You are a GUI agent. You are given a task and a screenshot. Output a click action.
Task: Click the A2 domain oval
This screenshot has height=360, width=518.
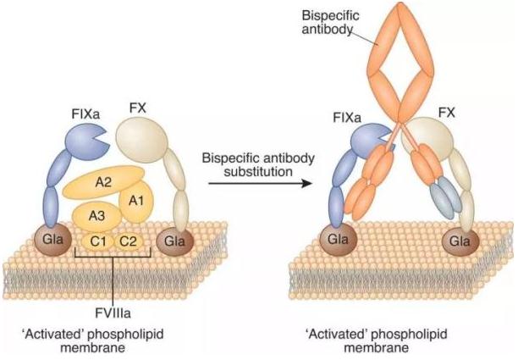coord(104,180)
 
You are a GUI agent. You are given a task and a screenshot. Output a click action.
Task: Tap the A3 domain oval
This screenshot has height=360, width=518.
coord(96,215)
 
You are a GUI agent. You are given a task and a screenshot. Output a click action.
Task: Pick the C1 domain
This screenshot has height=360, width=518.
coord(101,240)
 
